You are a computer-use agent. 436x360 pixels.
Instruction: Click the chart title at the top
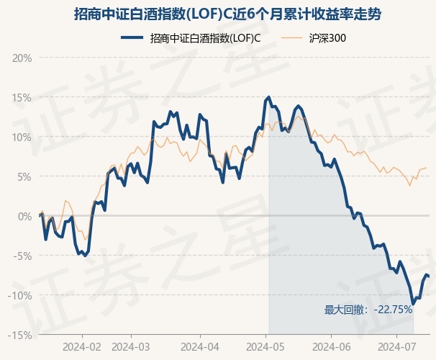(227, 14)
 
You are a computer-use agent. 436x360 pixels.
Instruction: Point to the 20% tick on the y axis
(22, 58)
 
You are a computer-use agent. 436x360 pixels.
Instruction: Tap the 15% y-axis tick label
(22, 98)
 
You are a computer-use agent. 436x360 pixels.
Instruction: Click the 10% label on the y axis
(22, 138)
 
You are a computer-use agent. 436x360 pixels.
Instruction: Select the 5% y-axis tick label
(24, 177)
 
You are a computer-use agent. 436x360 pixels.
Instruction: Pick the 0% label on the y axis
(24, 217)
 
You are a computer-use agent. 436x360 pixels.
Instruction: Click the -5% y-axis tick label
(23, 256)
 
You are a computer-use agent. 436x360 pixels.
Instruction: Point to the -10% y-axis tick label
(20, 295)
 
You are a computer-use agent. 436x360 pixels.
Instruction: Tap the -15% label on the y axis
(20, 336)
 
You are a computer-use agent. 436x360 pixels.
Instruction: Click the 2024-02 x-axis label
(82, 347)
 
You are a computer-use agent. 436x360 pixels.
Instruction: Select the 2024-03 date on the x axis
(131, 347)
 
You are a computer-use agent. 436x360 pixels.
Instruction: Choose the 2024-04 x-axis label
(200, 347)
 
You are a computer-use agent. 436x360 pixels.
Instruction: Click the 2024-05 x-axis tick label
(265, 347)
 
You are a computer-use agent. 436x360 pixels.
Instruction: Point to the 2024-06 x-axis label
(332, 347)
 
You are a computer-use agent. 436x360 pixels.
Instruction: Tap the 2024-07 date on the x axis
(397, 347)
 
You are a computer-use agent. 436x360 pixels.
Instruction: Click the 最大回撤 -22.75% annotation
(368, 310)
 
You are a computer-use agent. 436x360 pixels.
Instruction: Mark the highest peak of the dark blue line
(268, 97)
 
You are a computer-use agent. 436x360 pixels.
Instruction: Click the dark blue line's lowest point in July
(413, 304)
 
